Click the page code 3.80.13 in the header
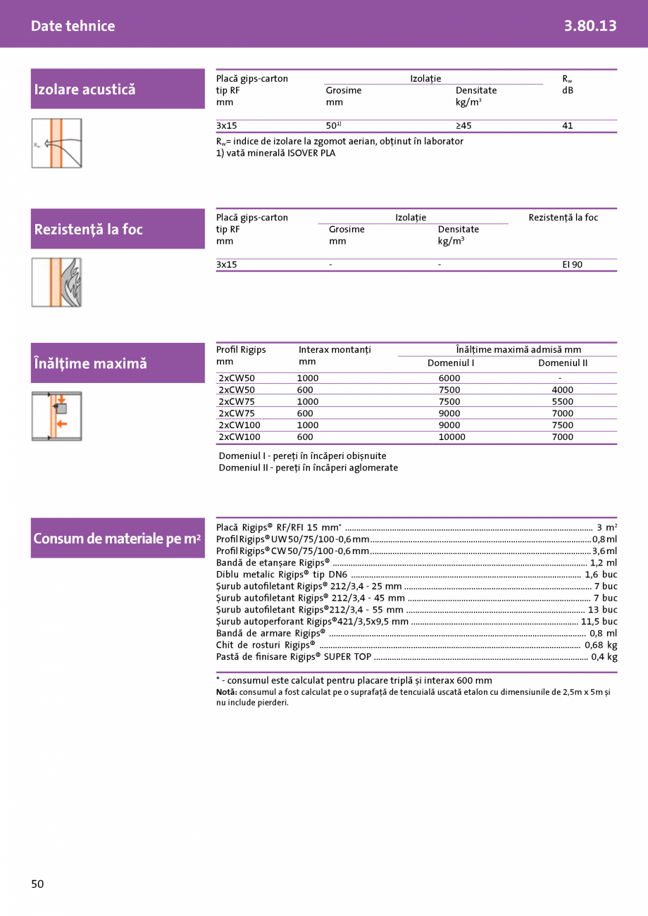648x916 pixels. tap(590, 26)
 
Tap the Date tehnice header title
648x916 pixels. tap(73, 26)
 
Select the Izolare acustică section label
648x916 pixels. tap(85, 89)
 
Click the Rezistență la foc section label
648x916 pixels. tap(88, 230)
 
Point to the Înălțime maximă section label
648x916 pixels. tap(90, 363)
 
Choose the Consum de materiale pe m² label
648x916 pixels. tap(117, 539)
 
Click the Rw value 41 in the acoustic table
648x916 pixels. tap(568, 126)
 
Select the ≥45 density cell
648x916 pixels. tap(463, 126)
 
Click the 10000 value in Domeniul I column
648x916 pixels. tap(451, 437)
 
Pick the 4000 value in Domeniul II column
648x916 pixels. tap(562, 390)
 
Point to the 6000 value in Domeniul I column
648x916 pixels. tap(449, 378)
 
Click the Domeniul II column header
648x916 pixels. tap(562, 363)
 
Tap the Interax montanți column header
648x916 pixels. tap(335, 350)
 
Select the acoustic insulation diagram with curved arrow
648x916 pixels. tap(56, 144)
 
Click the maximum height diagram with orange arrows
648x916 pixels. tap(56, 416)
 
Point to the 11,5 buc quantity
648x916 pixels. tap(599, 622)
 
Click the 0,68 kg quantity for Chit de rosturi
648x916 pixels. tap(601, 645)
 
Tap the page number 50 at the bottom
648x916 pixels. tap(37, 884)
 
